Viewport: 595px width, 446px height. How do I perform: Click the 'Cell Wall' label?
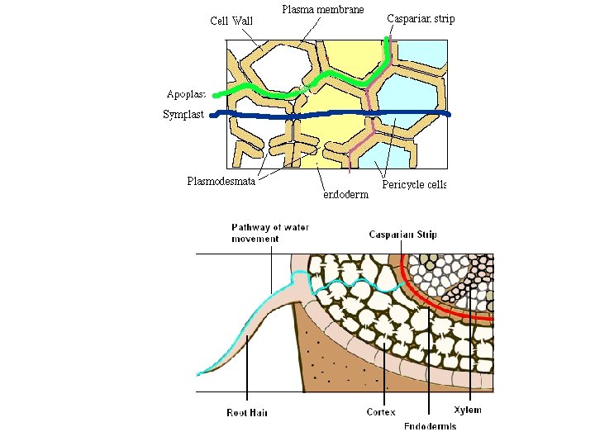click(x=231, y=21)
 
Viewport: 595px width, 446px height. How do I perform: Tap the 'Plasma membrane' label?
click(x=323, y=10)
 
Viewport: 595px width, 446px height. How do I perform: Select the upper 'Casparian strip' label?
click(x=421, y=18)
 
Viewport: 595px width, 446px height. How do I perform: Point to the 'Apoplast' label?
click(x=186, y=94)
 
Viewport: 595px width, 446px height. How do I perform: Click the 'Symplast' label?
click(x=183, y=115)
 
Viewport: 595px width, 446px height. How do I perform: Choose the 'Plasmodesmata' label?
click(x=221, y=181)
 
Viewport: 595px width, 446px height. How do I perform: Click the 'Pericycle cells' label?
click(x=414, y=184)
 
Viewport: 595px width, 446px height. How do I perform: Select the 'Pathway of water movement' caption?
click(x=255, y=233)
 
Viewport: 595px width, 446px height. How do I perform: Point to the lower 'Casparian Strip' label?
click(x=402, y=235)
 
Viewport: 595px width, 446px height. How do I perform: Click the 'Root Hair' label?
click(x=248, y=412)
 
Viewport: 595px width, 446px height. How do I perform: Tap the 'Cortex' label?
click(x=381, y=411)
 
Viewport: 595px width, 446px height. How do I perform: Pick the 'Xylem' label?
click(x=468, y=410)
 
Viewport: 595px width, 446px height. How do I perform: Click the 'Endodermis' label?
click(x=430, y=426)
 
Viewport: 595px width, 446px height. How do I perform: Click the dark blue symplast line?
click(x=331, y=115)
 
